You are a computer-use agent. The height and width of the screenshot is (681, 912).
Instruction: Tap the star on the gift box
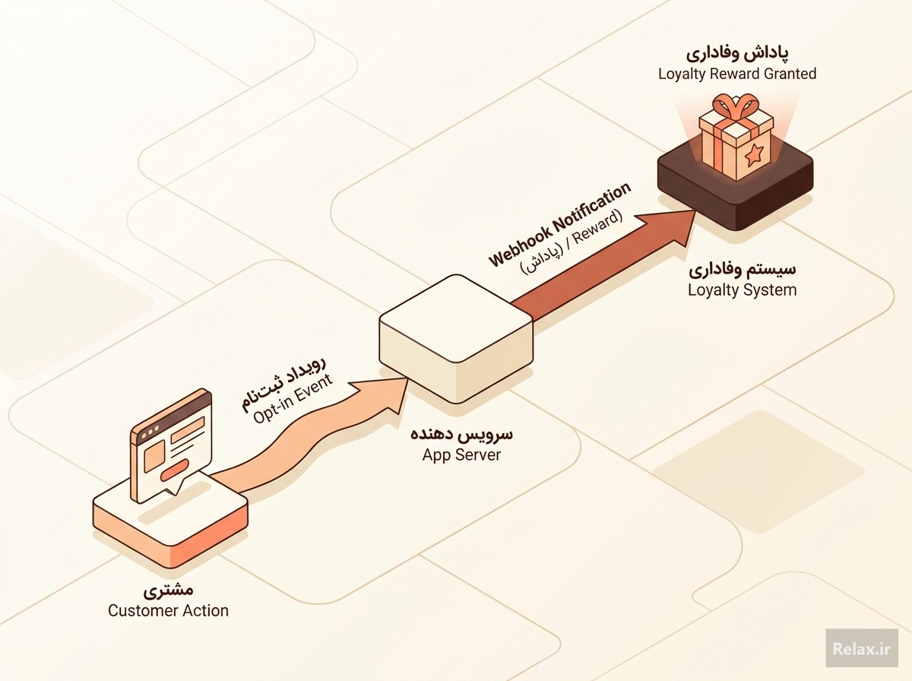[x=753, y=155]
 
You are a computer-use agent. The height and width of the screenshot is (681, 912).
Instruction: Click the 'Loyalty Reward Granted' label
[x=737, y=74]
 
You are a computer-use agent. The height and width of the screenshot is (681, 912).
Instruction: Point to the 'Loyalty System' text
[x=742, y=290]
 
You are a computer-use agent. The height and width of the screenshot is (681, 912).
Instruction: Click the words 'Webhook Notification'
[x=559, y=224]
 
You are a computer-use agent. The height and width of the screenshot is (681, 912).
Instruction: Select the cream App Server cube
[x=456, y=339]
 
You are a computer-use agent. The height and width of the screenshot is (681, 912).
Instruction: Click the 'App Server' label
[x=461, y=455]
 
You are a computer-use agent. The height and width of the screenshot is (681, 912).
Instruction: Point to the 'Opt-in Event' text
[x=293, y=399]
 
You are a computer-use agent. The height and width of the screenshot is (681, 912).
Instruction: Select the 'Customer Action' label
[x=168, y=611]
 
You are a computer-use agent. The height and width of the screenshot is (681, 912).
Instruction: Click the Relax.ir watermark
[x=862, y=648]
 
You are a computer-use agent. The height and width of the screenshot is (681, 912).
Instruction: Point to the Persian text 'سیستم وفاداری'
[x=742, y=270]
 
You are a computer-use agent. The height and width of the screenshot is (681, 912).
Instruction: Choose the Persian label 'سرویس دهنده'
[x=461, y=434]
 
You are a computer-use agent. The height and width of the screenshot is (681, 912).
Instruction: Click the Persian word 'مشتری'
[x=168, y=590]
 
